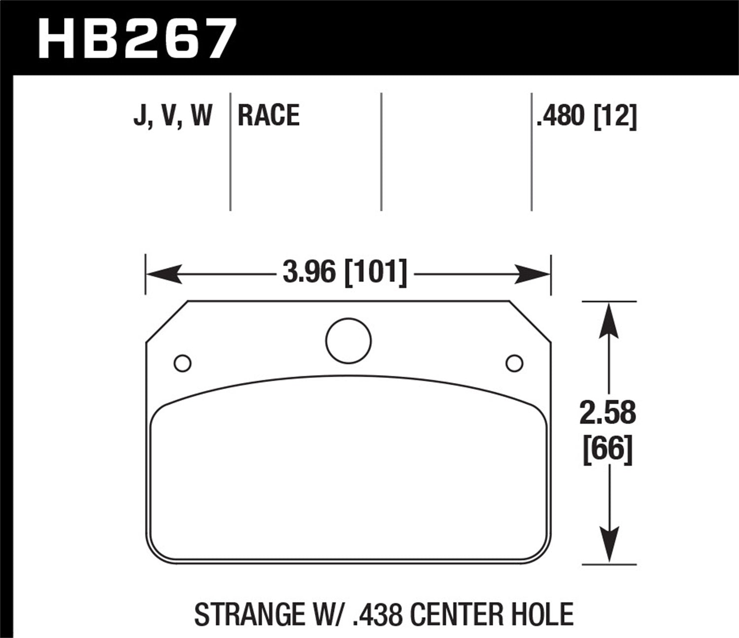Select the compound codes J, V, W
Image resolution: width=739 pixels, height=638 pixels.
(x=172, y=116)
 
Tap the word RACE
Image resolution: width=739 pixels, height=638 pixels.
(x=269, y=116)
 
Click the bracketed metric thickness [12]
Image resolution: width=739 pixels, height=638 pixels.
(x=616, y=116)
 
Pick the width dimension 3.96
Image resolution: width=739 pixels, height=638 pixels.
(x=309, y=272)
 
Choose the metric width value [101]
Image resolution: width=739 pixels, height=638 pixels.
(x=375, y=272)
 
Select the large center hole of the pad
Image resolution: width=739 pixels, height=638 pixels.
(x=348, y=341)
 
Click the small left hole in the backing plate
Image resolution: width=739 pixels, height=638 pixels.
(x=183, y=363)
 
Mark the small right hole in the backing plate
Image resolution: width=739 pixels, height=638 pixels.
(x=514, y=363)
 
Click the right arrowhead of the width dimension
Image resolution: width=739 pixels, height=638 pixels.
(x=532, y=274)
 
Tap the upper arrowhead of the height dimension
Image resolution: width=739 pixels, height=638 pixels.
(x=609, y=319)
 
